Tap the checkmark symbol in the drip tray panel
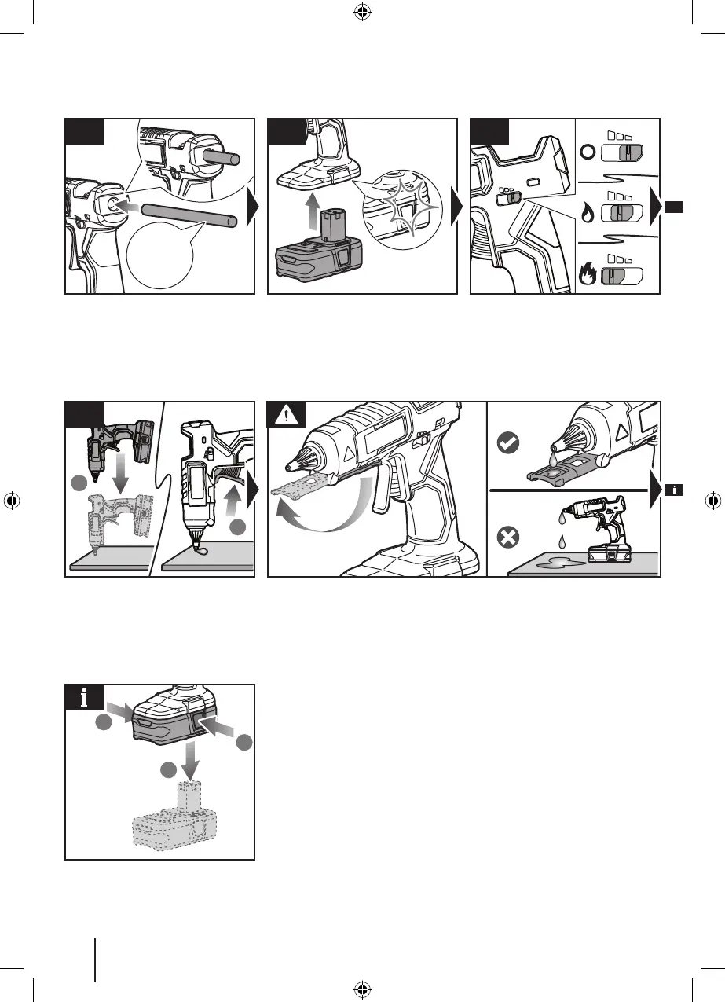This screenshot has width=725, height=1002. click(x=507, y=444)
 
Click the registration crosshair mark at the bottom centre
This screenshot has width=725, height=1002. click(x=362, y=990)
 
